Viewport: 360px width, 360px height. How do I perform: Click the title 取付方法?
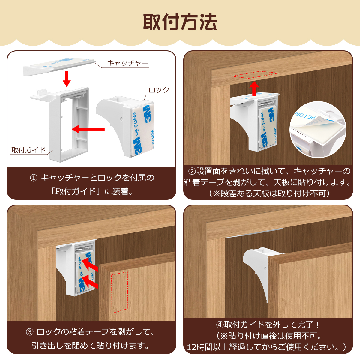point(180,22)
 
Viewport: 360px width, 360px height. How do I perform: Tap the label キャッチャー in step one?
point(127,63)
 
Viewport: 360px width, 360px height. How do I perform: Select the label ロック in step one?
point(159,90)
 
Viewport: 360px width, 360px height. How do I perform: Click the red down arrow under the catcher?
point(67,79)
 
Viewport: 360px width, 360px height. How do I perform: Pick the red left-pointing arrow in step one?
point(88,129)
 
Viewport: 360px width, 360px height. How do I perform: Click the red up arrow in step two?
point(254,89)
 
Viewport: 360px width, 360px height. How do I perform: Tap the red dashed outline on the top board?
point(256,75)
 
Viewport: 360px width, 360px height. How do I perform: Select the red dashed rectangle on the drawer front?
point(120,292)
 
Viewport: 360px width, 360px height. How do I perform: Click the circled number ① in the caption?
point(34,178)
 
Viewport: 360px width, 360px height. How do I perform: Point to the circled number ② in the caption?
point(192,171)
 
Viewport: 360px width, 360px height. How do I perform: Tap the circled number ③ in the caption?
point(30,332)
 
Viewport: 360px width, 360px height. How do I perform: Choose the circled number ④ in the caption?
point(220,325)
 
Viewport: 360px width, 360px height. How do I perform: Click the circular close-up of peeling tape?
point(318,130)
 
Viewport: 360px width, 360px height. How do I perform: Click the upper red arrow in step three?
point(90,265)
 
